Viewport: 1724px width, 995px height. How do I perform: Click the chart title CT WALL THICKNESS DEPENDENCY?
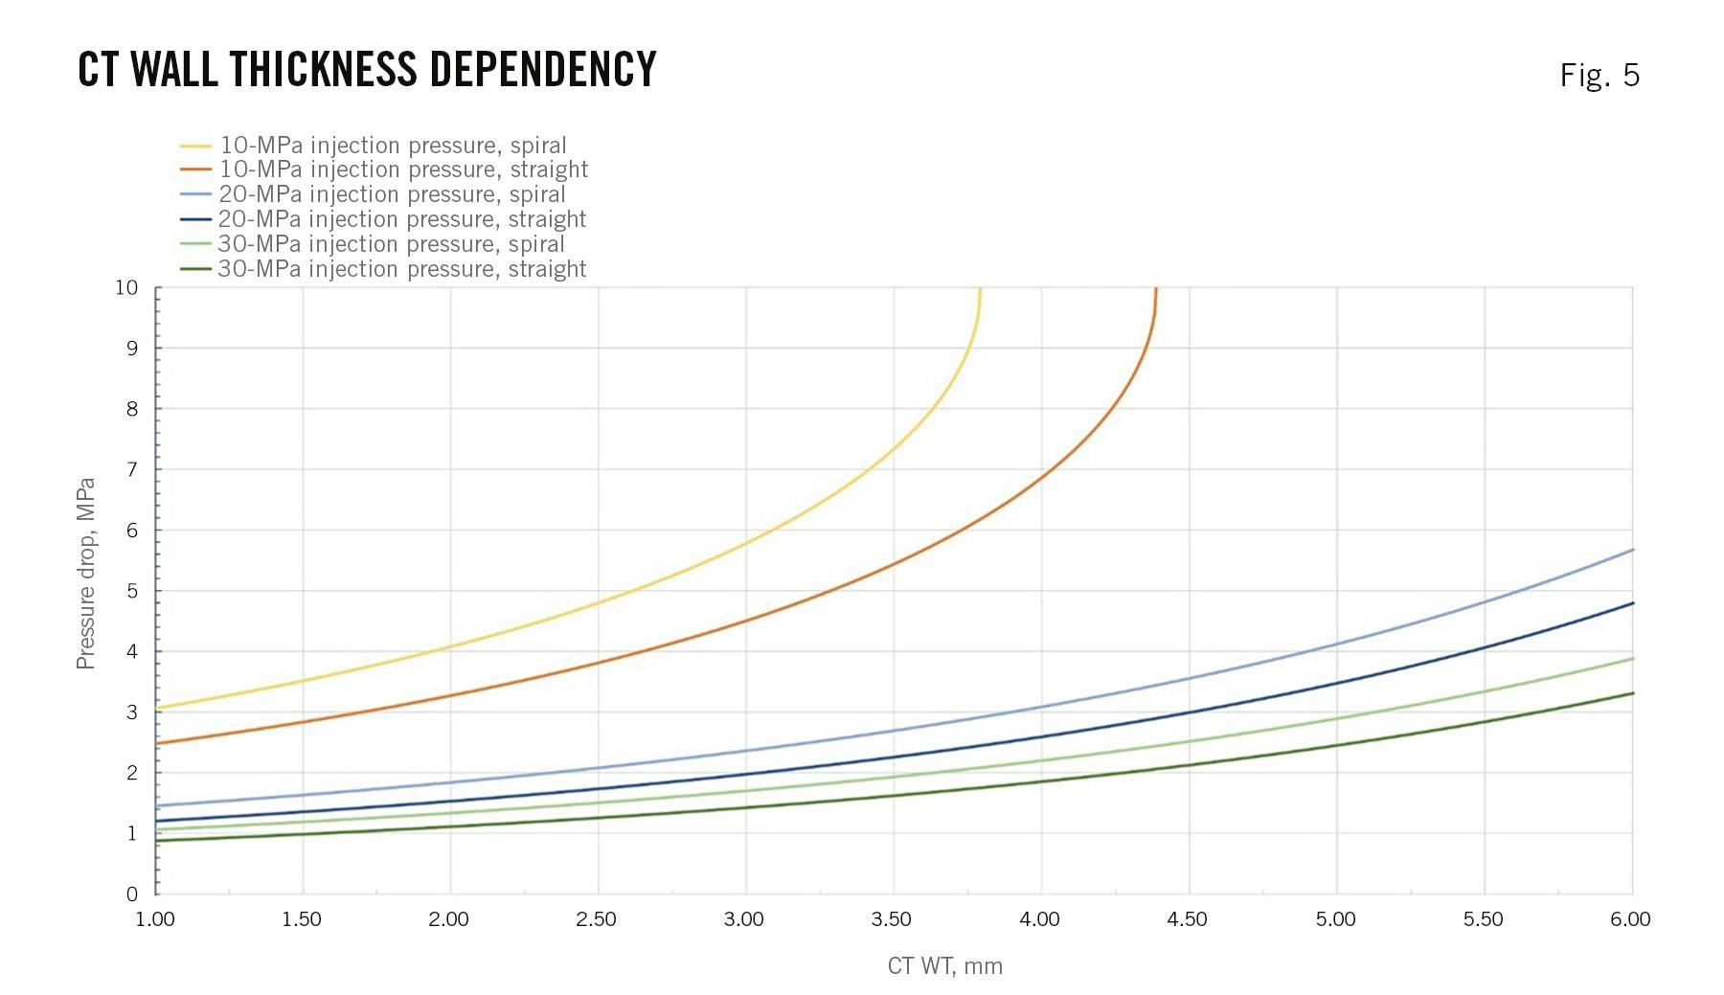(x=367, y=70)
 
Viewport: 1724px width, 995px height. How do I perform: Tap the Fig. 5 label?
(x=1599, y=75)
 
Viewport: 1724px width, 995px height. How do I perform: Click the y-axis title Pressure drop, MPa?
(x=86, y=574)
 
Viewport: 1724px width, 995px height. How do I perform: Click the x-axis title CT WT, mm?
(x=944, y=965)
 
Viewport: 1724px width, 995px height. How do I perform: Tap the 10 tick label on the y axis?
(x=126, y=287)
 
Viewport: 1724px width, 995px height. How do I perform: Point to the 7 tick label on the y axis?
(x=132, y=469)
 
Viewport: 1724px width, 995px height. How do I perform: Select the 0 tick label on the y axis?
(x=132, y=893)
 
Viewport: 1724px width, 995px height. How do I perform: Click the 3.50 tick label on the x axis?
(x=891, y=919)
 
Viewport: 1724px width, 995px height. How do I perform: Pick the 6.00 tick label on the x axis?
(x=1629, y=919)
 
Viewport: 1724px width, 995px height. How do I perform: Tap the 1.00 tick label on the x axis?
(x=155, y=919)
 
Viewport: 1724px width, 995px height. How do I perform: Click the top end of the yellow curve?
(x=980, y=289)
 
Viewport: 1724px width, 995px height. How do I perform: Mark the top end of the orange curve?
(x=1156, y=289)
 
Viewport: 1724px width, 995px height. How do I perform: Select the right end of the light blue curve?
(x=1632, y=550)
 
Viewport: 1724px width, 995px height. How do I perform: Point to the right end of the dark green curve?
(x=1632, y=693)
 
